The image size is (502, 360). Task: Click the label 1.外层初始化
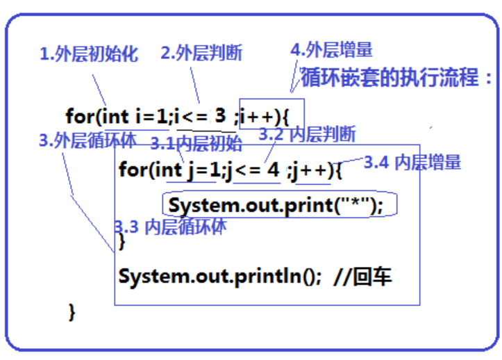[x=89, y=54]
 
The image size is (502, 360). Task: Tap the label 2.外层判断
[x=201, y=52]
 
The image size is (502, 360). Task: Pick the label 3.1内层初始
[x=196, y=144]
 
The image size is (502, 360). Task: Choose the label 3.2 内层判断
[x=307, y=133]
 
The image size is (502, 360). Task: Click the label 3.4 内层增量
[x=412, y=163]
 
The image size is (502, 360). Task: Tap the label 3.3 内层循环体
[x=170, y=226]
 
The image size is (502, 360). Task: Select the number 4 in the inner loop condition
[x=274, y=169]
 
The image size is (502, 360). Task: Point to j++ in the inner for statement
[x=312, y=169]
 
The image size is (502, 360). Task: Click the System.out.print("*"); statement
[x=276, y=206]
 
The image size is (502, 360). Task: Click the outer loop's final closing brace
[x=71, y=311]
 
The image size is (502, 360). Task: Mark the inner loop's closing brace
[x=122, y=241]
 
